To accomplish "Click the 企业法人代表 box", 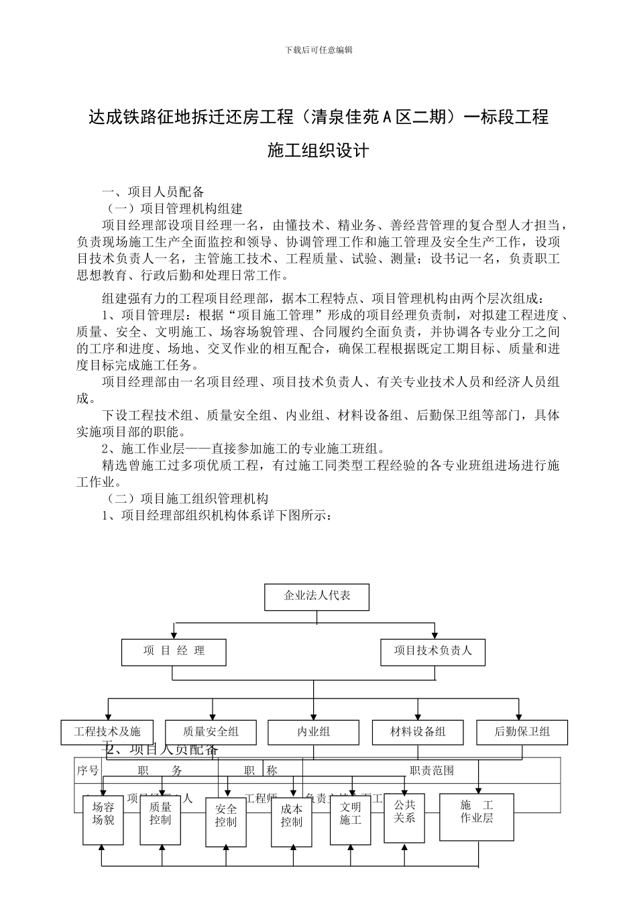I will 316,596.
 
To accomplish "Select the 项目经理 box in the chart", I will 174,651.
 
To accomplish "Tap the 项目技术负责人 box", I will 432,651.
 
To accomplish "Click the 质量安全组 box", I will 211,731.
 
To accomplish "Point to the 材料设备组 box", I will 418,731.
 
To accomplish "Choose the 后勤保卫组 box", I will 522,731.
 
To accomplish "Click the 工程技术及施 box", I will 107,731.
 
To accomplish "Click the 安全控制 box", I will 226,821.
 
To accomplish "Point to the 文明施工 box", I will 350,819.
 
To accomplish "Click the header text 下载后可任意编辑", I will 318,50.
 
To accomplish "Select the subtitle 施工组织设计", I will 318,150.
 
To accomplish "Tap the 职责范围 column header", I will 432,771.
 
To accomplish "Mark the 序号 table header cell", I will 88,771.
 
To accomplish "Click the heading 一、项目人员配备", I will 153,191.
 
